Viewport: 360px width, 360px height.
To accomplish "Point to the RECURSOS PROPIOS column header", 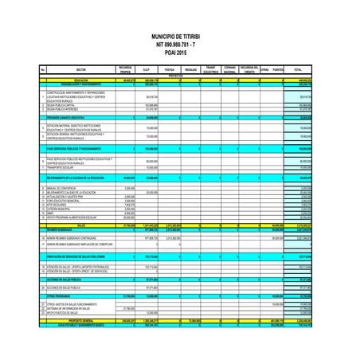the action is (x=125, y=70).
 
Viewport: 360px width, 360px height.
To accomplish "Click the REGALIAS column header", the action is (x=190, y=70).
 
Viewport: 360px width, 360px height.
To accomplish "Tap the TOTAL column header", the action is (x=297, y=70).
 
